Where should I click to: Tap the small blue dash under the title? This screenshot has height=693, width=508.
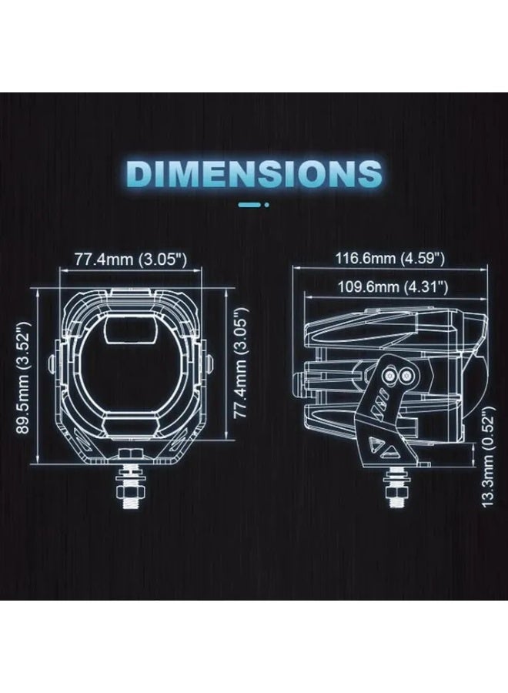pos(249,205)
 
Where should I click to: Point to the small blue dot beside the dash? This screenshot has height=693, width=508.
pos(266,205)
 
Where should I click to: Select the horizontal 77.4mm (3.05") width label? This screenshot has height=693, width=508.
pos(130,259)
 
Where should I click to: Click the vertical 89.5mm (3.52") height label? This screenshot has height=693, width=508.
pos(23,377)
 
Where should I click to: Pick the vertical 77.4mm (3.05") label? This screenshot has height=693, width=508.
pos(240,363)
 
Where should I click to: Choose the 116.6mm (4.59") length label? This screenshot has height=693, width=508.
pos(390,258)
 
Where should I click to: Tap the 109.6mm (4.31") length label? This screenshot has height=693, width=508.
pos(393,287)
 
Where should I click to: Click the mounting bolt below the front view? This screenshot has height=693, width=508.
pos(130,486)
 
